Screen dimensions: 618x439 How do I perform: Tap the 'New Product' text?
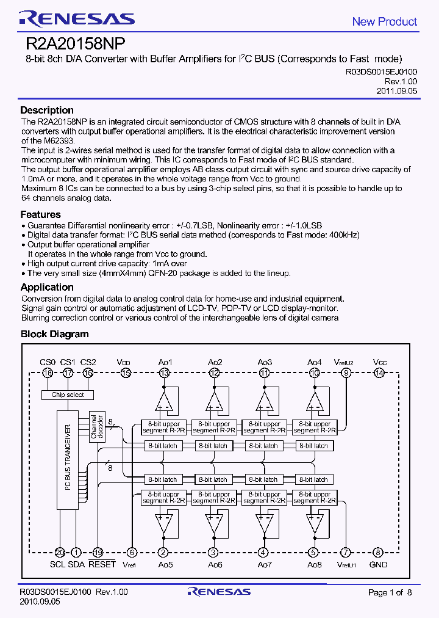384,21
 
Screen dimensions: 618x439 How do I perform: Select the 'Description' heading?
47,111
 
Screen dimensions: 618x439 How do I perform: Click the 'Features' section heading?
40,214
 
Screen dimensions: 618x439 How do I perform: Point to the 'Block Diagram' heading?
54,334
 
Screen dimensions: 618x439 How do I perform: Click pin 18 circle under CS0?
48,373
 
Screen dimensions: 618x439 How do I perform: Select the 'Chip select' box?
68,395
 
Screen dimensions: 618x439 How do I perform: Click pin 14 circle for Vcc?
379,373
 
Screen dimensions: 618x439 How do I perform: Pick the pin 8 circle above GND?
378,553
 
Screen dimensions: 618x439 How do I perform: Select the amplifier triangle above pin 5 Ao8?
315,522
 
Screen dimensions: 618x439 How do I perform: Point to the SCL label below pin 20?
57,565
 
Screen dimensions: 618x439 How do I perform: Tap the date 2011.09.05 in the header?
396,90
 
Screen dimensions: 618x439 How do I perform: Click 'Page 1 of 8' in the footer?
390,592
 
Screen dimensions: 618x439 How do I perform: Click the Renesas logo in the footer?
219,592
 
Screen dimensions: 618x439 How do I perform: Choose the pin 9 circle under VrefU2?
346,373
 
